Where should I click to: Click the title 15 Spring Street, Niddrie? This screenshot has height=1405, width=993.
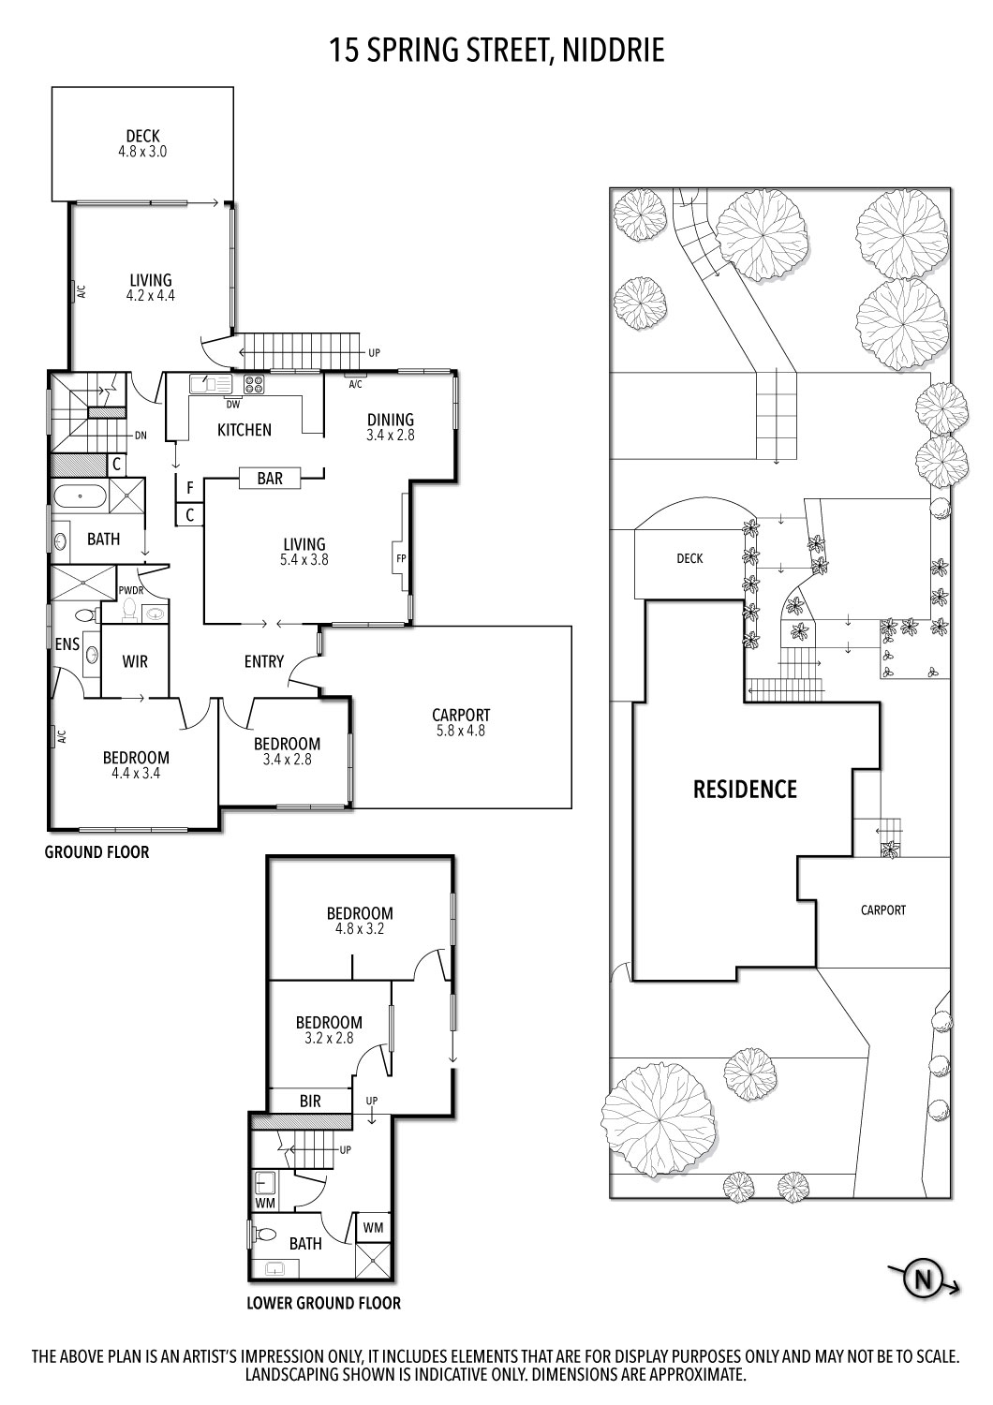tap(496, 50)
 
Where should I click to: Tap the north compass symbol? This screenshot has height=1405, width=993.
tap(924, 1279)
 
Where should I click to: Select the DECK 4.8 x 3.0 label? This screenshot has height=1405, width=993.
tap(142, 143)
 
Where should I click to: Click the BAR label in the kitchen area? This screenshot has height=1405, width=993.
tap(270, 479)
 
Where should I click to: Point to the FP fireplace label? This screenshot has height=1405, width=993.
tap(401, 560)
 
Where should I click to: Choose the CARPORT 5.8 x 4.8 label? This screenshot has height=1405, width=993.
tap(461, 722)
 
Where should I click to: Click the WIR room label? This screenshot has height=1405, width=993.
tap(135, 662)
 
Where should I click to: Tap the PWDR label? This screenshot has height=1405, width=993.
tap(130, 591)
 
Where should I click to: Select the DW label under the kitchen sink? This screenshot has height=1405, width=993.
tap(232, 405)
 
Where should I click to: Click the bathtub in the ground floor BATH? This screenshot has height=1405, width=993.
tap(80, 495)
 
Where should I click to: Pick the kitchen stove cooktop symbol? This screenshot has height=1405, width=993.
tap(254, 383)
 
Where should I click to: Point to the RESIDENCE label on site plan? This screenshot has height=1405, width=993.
tap(745, 790)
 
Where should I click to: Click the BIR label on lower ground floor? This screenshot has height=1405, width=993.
tap(310, 1102)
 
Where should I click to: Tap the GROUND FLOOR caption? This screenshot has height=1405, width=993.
tap(96, 852)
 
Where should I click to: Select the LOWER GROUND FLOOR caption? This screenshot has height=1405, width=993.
tap(323, 1303)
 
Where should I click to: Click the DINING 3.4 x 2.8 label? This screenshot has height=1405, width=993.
tap(390, 427)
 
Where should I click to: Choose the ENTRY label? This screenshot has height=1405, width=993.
tap(263, 661)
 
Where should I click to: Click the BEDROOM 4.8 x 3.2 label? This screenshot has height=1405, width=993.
tap(360, 921)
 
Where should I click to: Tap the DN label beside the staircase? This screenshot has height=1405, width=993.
tap(141, 436)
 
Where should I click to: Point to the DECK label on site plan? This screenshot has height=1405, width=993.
tap(689, 558)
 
